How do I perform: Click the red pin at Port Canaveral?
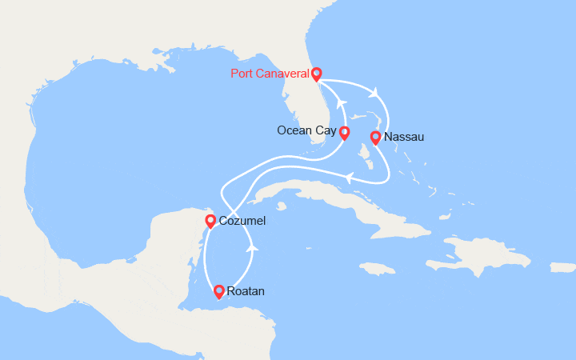coord(317,74)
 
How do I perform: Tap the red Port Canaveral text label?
coord(270,74)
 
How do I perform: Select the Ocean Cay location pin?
coord(344,132)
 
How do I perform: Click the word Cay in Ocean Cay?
coord(326,130)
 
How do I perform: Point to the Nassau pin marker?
coord(374,137)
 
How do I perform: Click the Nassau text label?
coord(404,137)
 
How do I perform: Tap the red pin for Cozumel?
coord(210,220)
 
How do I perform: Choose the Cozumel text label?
coord(242,220)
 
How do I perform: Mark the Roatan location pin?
coord(218,291)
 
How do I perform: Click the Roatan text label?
coord(246,291)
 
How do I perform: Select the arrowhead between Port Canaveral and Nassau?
coord(373,93)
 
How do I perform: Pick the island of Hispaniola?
coord(480,256)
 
